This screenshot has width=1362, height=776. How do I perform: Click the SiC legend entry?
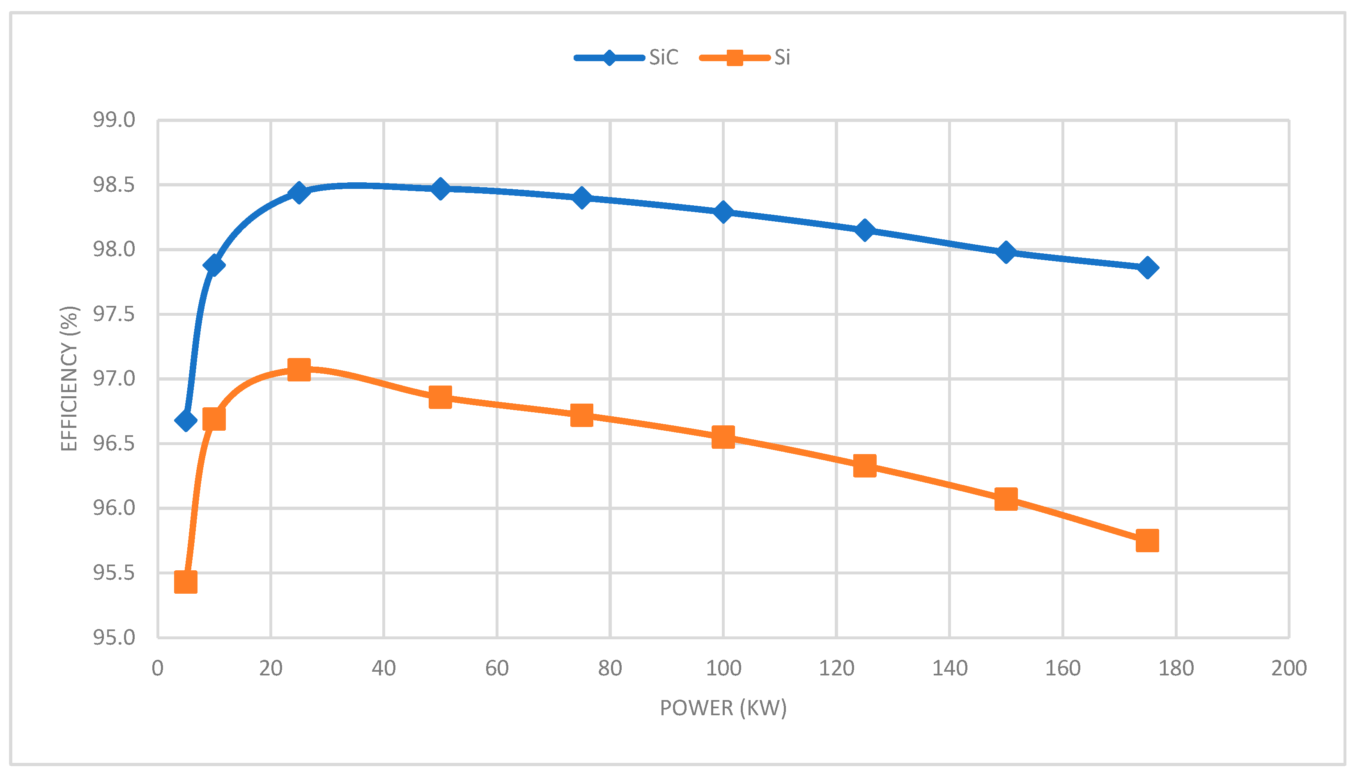pyautogui.click(x=627, y=57)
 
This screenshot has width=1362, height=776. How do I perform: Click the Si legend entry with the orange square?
pyautogui.click(x=746, y=57)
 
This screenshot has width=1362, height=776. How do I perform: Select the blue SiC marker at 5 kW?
pyautogui.click(x=186, y=420)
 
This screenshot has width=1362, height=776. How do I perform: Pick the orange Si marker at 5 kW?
pyautogui.click(x=186, y=582)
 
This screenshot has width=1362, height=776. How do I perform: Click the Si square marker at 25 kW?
pyautogui.click(x=299, y=370)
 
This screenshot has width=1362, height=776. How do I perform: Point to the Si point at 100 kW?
pyautogui.click(x=723, y=438)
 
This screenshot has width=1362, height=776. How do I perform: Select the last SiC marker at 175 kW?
pyautogui.click(x=1147, y=268)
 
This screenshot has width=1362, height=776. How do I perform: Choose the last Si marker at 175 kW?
pyautogui.click(x=1147, y=540)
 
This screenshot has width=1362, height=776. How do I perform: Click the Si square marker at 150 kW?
pyautogui.click(x=1006, y=499)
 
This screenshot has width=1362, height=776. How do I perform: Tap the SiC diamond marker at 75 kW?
pyautogui.click(x=582, y=198)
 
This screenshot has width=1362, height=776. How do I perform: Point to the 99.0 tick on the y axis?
pyautogui.click(x=114, y=120)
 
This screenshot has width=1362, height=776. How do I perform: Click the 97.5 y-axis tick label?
pyautogui.click(x=114, y=315)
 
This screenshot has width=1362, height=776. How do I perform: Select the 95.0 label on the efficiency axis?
pyautogui.click(x=114, y=637)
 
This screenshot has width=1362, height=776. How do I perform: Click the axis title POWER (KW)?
pyautogui.click(x=723, y=708)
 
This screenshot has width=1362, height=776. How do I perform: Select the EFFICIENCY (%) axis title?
pyautogui.click(x=69, y=379)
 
